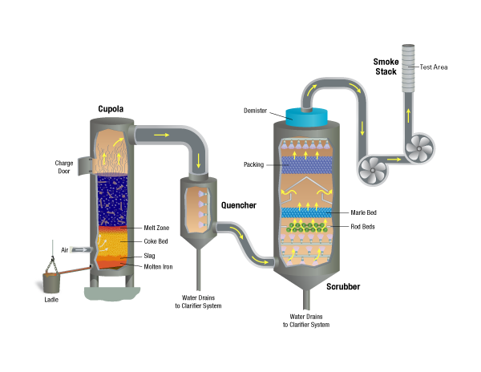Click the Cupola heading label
click(x=110, y=109)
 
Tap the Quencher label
click(x=239, y=205)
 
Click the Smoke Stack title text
click(x=386, y=66)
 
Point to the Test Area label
click(x=434, y=67)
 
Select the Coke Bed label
click(x=156, y=241)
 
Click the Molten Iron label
click(x=158, y=267)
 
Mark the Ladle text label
click(x=52, y=301)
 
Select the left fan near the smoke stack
click(x=371, y=169)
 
